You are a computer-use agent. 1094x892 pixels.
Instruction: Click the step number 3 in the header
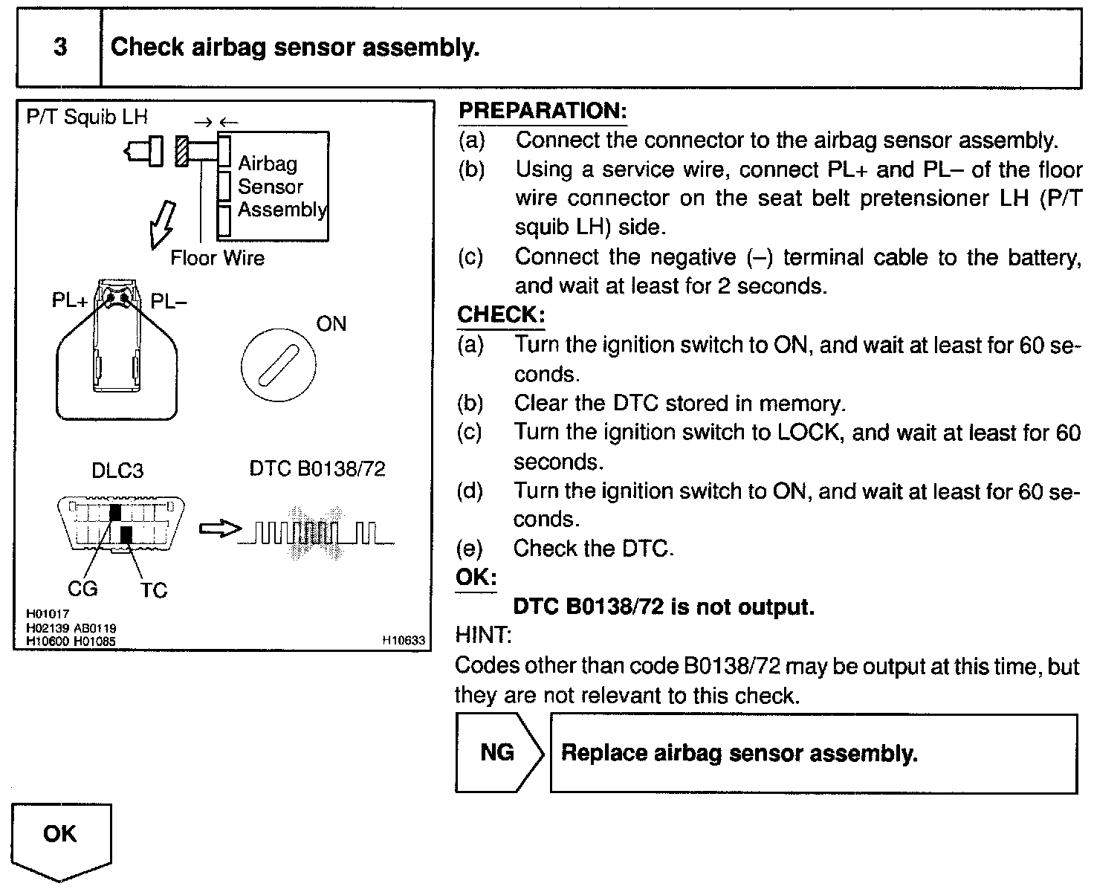pos(59,48)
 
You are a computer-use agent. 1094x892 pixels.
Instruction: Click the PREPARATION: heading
pos(543,111)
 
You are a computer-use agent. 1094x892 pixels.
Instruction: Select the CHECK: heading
pos(501,314)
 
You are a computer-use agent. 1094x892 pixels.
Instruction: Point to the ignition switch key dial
pos(278,365)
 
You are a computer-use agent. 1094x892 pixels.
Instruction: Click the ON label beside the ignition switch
pos(331,324)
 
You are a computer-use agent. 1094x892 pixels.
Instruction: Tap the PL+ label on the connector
pos(69,301)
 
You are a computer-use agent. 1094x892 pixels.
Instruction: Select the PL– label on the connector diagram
pos(169,301)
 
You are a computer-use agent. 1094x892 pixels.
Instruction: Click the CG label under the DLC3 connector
pos(82,589)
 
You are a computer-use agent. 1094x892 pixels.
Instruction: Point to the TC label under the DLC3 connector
pos(154,590)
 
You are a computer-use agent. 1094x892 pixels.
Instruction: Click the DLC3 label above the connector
pos(117,471)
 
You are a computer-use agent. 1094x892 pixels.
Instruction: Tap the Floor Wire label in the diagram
pos(217,258)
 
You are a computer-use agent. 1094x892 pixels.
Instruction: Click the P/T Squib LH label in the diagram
pos(87,117)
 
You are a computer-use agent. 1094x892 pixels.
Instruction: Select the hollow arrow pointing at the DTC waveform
pos(220,529)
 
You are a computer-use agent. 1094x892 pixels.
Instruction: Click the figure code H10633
pos(404,639)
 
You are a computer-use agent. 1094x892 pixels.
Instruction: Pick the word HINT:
pos(483,636)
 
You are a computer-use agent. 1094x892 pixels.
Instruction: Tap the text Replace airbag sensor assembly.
pos(739,753)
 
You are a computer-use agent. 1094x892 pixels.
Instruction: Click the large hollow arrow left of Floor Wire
pos(162,223)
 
